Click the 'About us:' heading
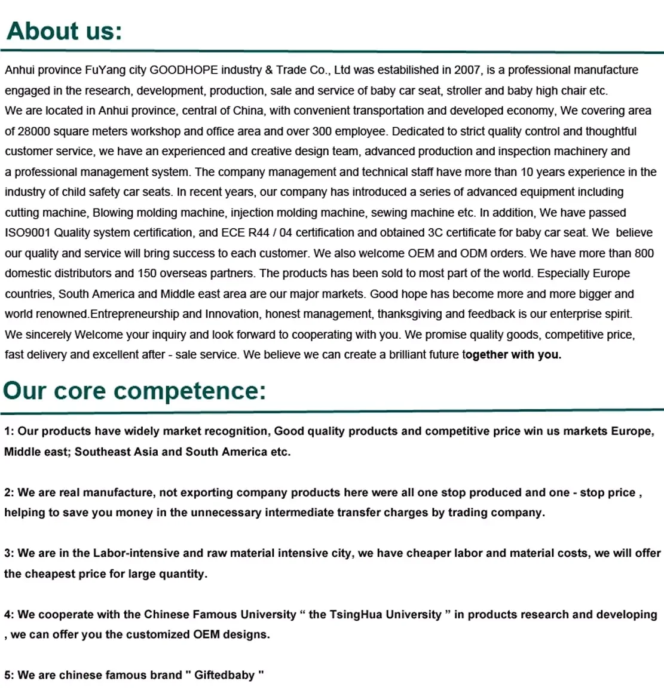pos(64,31)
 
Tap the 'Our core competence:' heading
pos(134,391)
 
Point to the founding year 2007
pos(467,70)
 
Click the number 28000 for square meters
pos(33,131)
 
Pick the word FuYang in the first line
pos(106,70)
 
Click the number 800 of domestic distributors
pos(644,253)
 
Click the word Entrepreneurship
pos(134,314)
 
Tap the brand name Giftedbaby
pos(224,676)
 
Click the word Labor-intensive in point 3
pos(136,554)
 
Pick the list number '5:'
pos(9,676)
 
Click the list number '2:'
pos(9,493)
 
